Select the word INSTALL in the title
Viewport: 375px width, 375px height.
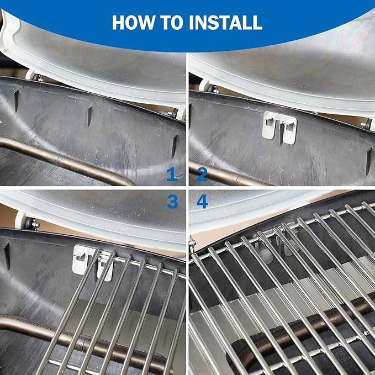coord(226,23)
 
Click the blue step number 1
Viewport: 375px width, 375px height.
coord(172,174)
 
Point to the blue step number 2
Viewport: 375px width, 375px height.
coord(202,174)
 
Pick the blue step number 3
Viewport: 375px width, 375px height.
coord(173,202)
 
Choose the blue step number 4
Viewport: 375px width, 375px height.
coord(202,202)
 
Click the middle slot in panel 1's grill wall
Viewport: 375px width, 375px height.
coord(89,117)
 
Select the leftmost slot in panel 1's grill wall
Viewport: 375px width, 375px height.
coord(16,101)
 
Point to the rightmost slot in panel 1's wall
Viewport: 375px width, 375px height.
coord(175,146)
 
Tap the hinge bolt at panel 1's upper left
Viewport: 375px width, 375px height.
coord(38,78)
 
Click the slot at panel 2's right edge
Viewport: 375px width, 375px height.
coord(369,161)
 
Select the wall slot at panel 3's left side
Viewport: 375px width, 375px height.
coord(7,256)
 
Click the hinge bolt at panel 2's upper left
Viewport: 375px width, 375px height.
coord(213,89)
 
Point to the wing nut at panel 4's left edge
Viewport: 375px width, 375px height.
coord(192,243)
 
